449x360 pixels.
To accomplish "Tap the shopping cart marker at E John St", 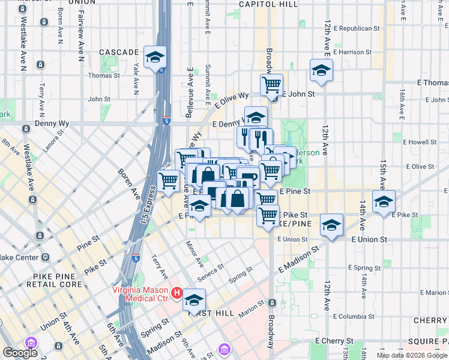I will coord(271,85).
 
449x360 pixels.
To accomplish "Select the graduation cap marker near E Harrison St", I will coord(321,70).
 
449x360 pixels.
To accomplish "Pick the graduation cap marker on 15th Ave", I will coord(383,202).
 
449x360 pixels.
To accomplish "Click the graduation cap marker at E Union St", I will coord(331,225).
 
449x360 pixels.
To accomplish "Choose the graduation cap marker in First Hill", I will coord(194,299).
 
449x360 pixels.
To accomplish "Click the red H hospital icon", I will coord(176,293).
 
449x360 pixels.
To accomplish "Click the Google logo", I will coord(20,353).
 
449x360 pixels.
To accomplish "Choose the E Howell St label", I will coord(420,142).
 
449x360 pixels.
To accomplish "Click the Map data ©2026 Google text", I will coord(412,355).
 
